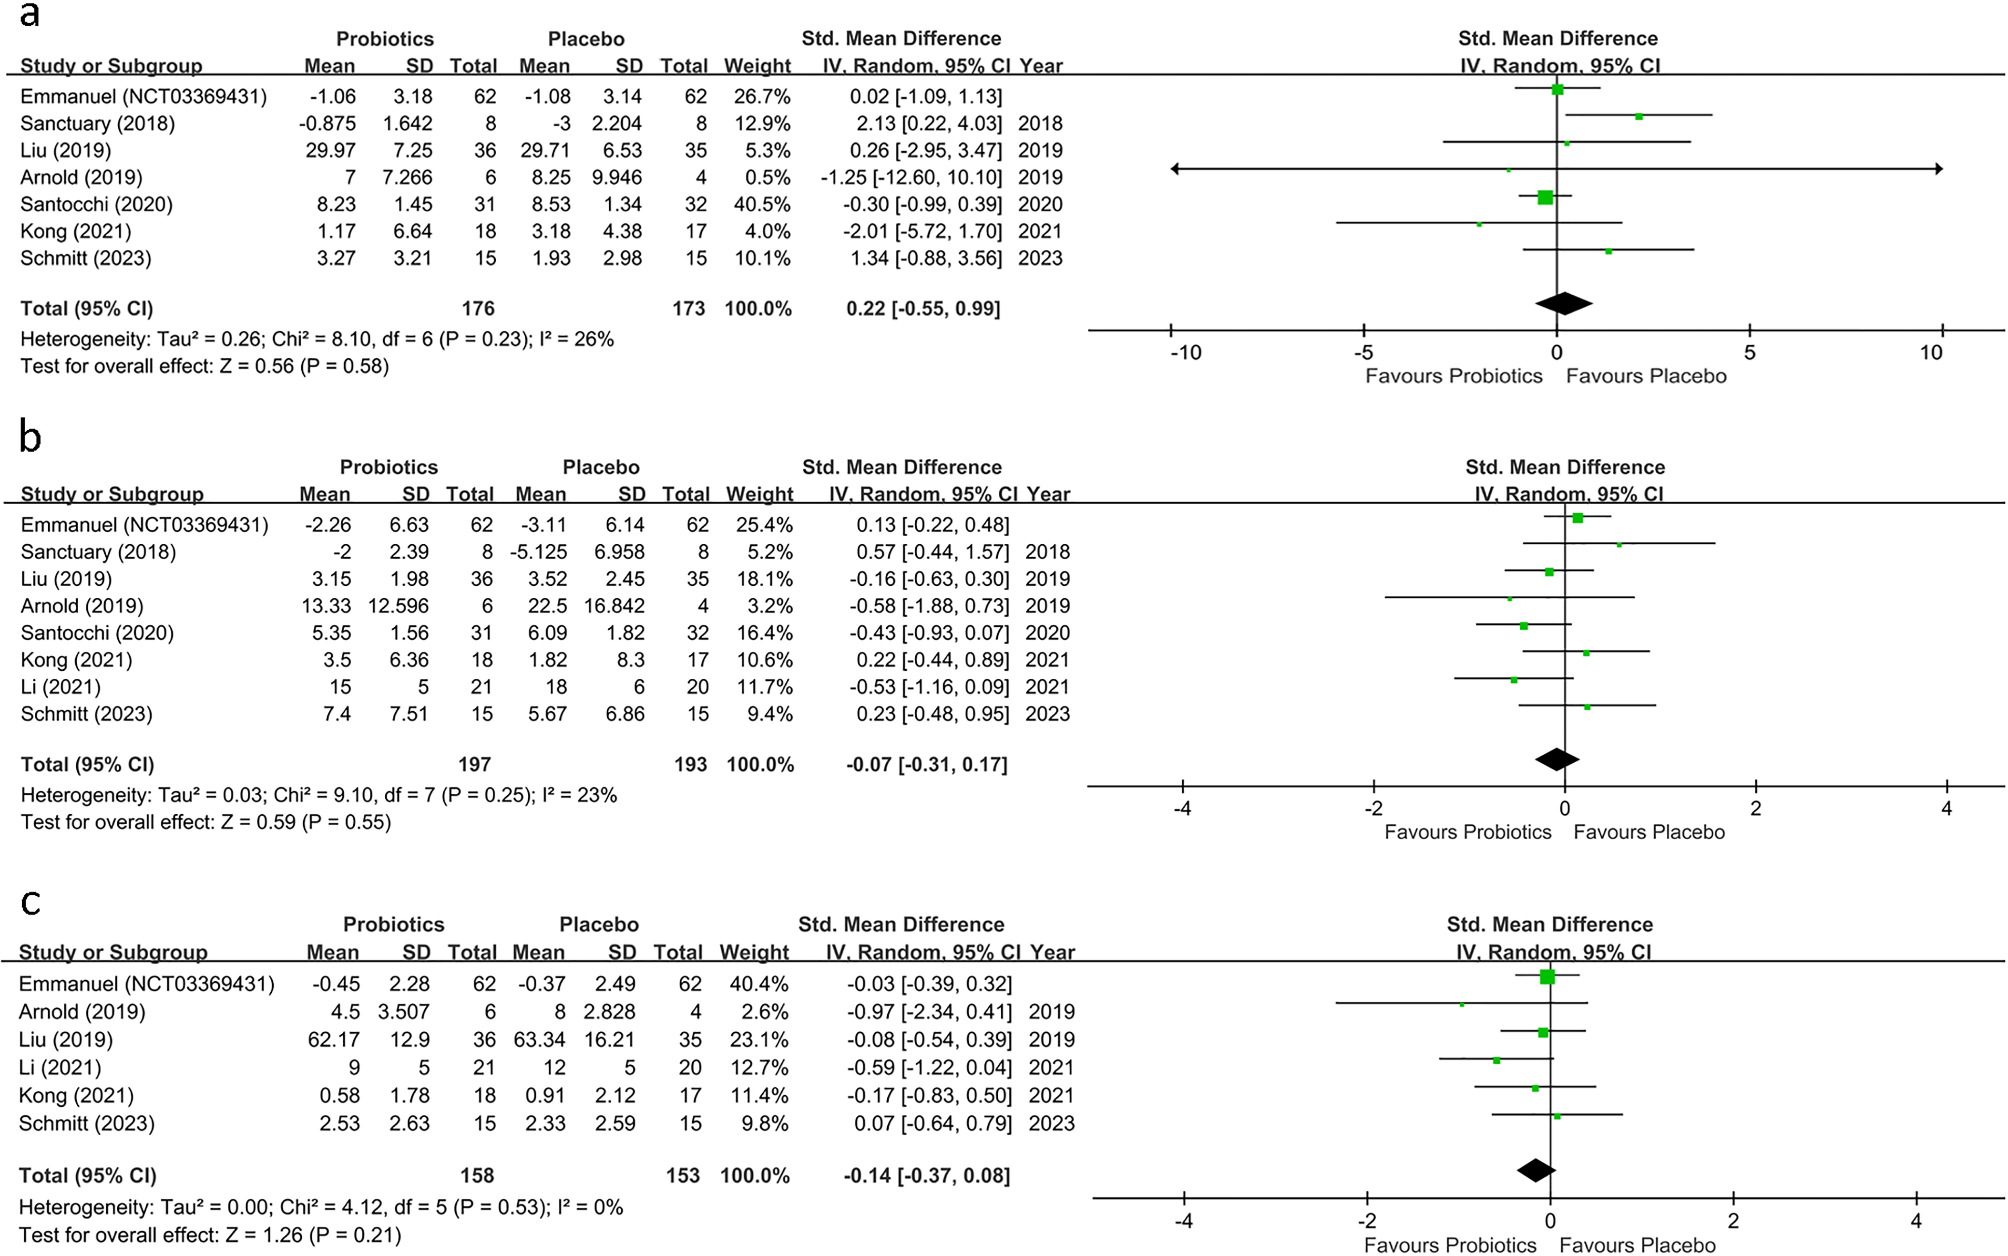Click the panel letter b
point(30,437)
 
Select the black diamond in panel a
point(1564,303)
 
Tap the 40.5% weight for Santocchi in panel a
point(757,204)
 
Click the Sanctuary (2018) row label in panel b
point(98,552)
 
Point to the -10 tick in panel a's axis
point(1186,353)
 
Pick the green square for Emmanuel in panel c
point(1547,977)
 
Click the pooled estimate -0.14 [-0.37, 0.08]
point(926,1176)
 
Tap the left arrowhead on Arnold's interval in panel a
point(1176,169)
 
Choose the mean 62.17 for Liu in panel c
point(333,1040)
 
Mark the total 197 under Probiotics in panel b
point(474,765)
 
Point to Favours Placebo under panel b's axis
point(1649,832)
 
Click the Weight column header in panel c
point(754,952)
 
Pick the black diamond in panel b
point(1557,760)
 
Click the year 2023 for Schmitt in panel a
point(1040,258)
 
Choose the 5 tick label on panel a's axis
point(1749,353)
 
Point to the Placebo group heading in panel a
point(586,39)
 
